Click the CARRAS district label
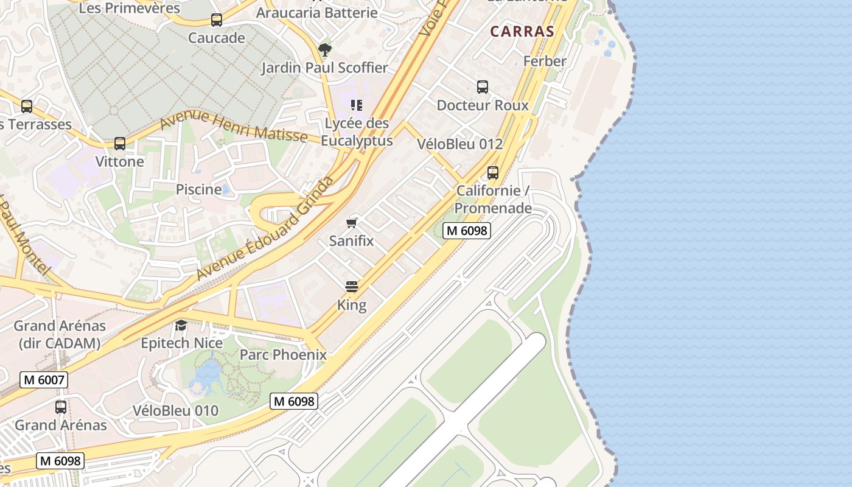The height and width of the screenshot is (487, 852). [x=522, y=32]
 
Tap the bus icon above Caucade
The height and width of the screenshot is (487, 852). [x=217, y=20]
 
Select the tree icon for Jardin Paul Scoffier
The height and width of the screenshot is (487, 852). [x=325, y=49]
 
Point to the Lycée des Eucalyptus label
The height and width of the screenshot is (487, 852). [x=357, y=132]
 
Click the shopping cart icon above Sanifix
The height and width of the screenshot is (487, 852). [x=352, y=223]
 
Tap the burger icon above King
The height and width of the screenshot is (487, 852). [x=352, y=287]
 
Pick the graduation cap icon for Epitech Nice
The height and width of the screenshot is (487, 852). [x=181, y=325]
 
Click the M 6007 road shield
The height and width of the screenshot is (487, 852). [x=44, y=380]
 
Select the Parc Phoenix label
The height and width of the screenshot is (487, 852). [x=283, y=355]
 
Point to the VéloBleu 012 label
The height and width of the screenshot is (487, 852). [x=460, y=144]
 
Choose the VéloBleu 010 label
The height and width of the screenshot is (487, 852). [x=175, y=411]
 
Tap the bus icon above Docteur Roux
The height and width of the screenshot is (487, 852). [x=483, y=87]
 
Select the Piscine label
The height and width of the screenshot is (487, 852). [x=199, y=189]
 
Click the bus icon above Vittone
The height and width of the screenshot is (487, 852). [x=120, y=144]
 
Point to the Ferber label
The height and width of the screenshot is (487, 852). [x=545, y=61]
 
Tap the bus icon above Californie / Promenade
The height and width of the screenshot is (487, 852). [x=493, y=173]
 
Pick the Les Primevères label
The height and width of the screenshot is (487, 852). [x=130, y=8]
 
